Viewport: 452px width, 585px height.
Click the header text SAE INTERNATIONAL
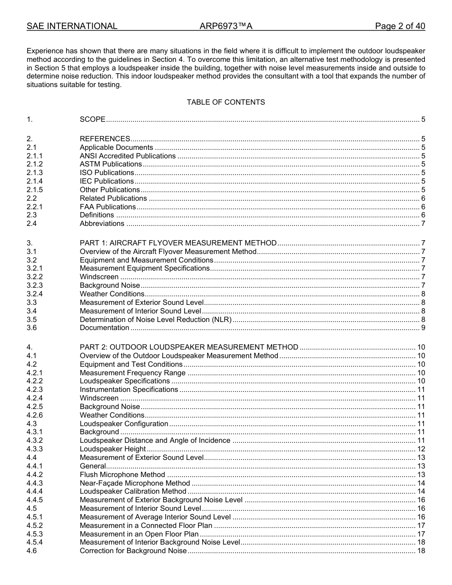tap(72, 26)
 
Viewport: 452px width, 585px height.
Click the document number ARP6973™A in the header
tap(226, 26)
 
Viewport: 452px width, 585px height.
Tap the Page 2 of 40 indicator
tap(400, 26)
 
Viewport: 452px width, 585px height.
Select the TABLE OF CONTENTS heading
tap(226, 102)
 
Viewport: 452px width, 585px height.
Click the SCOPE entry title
tap(92, 119)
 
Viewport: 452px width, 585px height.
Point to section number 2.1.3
tap(34, 173)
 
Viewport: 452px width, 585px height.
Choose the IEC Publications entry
tap(107, 181)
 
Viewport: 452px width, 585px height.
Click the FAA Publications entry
tap(108, 207)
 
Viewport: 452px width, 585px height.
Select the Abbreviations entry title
tap(102, 224)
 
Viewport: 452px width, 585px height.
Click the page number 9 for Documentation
tap(423, 328)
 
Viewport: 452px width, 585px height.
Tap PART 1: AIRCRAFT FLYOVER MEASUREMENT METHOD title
tap(178, 243)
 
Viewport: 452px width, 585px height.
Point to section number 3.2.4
tap(34, 294)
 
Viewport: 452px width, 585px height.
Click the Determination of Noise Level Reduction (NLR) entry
tap(156, 320)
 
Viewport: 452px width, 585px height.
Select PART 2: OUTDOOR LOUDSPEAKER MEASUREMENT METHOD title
tap(189, 347)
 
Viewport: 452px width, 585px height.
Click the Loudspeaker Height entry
tap(113, 449)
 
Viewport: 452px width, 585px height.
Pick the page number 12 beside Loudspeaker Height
tap(421, 449)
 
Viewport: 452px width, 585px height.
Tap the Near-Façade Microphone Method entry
tap(135, 483)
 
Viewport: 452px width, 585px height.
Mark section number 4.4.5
tap(34, 500)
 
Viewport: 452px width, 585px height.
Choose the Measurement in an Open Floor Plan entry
tap(139, 534)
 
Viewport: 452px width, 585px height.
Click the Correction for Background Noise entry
tap(133, 551)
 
